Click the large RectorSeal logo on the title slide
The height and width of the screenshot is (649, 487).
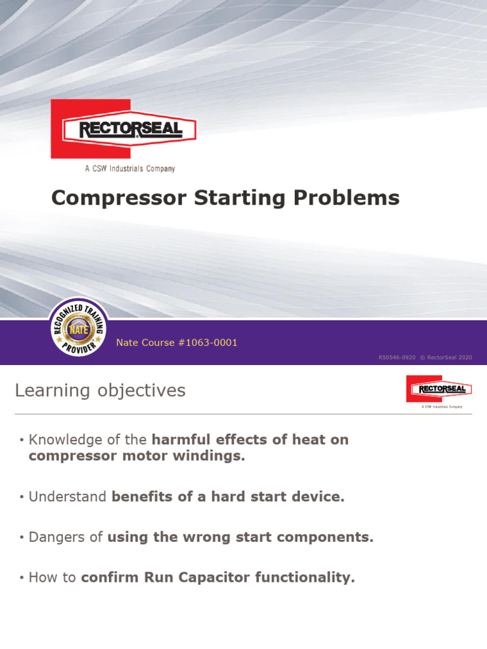tap(124, 129)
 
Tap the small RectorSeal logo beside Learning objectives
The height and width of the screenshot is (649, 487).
tap(439, 389)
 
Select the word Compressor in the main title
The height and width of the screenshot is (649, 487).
tap(112, 198)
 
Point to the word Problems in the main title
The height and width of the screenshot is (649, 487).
tap(346, 198)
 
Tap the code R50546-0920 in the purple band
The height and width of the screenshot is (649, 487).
tap(397, 357)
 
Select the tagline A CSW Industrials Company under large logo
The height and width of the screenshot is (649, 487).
tap(130, 169)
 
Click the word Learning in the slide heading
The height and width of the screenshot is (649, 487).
tap(52, 391)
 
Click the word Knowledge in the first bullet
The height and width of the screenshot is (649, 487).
tap(66, 440)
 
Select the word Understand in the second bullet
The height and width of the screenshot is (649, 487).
tap(68, 497)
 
